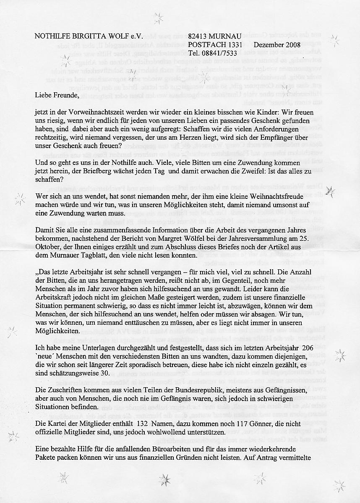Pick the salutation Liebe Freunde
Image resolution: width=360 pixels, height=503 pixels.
coord(57,95)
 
